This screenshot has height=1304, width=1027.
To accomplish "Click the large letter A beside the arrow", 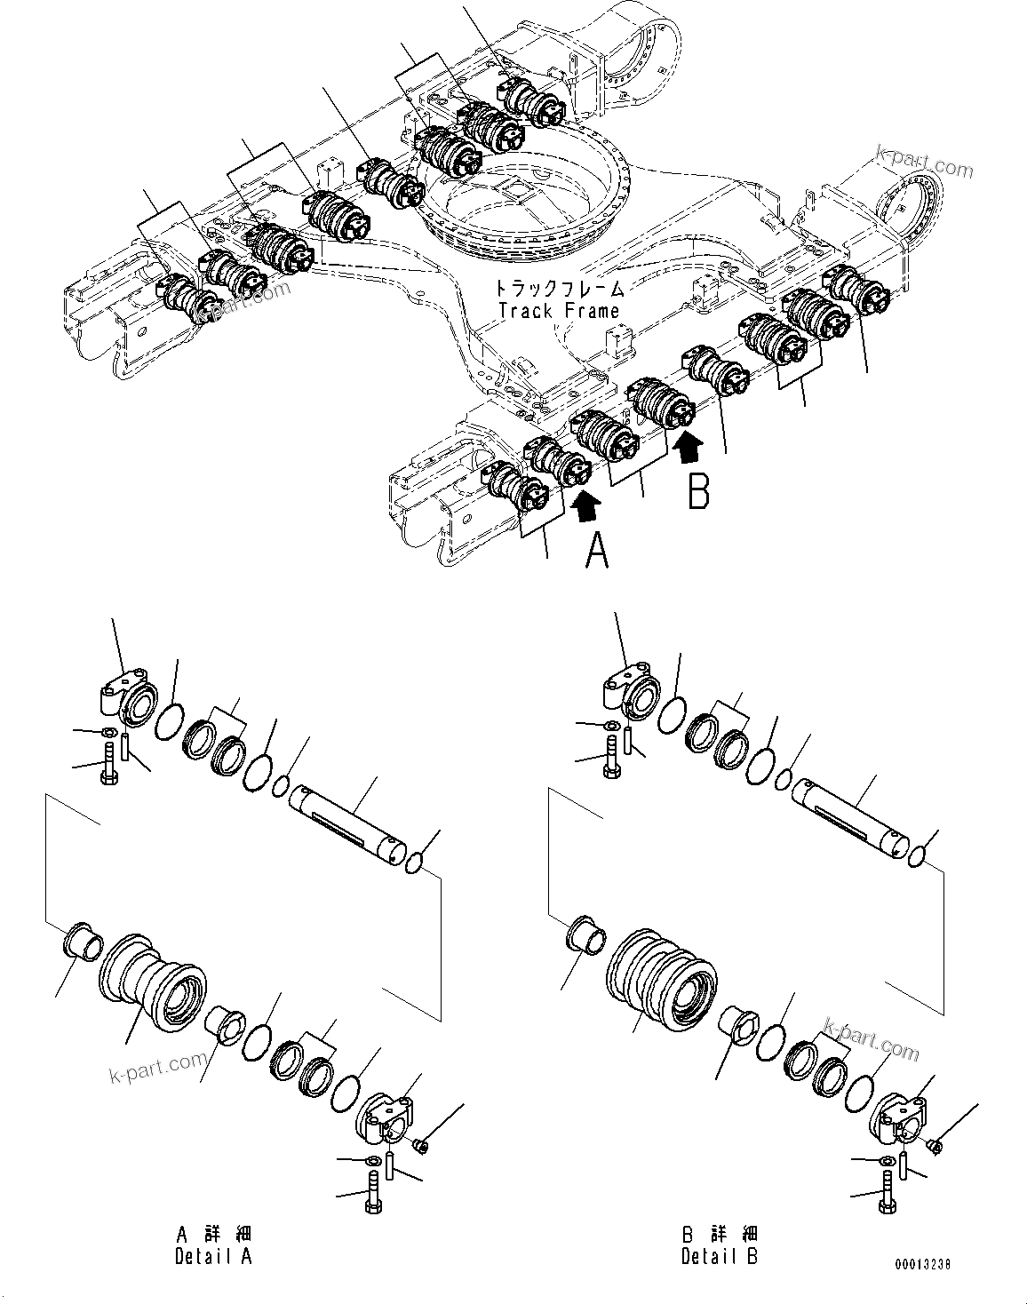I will pyautogui.click(x=597, y=552).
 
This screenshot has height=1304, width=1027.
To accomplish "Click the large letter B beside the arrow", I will pyautogui.click(x=699, y=491).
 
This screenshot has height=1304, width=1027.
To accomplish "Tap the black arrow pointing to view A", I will pyautogui.click(x=586, y=506).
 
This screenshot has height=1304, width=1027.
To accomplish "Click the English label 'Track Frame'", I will pyautogui.click(x=559, y=311).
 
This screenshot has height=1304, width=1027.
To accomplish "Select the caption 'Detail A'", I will pyautogui.click(x=213, y=1257).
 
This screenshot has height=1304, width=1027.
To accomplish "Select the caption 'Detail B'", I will pyautogui.click(x=720, y=1257).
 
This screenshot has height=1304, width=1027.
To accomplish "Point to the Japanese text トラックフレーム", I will pyautogui.click(x=559, y=288).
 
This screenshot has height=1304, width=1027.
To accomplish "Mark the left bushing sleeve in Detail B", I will pyautogui.click(x=585, y=935).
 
